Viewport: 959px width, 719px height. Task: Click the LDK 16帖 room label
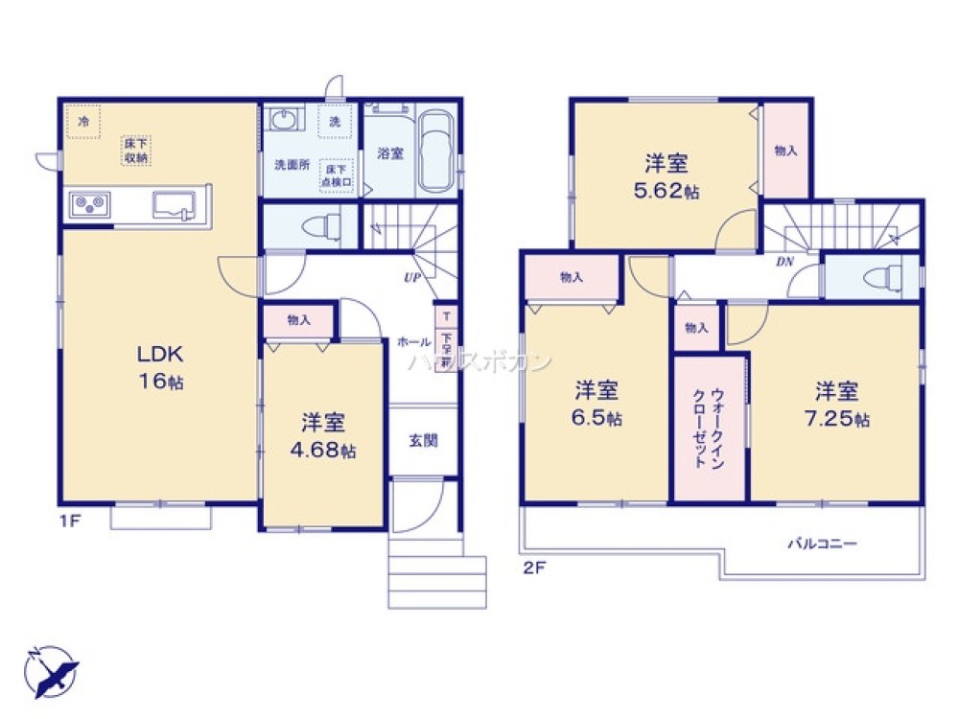click(x=158, y=367)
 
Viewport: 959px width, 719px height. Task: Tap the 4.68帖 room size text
click(x=323, y=436)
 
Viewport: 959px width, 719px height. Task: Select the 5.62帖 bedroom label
click(x=666, y=176)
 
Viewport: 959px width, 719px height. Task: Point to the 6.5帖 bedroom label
click(x=596, y=405)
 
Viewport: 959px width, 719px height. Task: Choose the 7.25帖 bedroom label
click(x=837, y=405)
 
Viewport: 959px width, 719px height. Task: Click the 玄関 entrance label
click(x=423, y=441)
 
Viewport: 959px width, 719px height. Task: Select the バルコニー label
click(x=822, y=544)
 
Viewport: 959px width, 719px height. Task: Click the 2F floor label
click(x=534, y=566)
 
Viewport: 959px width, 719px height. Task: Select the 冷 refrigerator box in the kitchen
click(x=83, y=122)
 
